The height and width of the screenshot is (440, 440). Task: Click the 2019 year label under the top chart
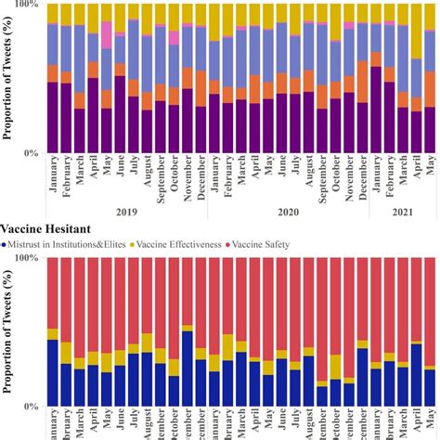click(x=126, y=212)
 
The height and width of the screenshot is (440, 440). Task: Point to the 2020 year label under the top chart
click(x=288, y=212)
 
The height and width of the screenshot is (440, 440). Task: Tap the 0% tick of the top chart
click(x=30, y=152)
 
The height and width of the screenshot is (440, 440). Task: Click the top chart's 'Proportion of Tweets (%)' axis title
click(x=8, y=79)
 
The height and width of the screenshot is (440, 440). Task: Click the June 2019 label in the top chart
click(x=121, y=173)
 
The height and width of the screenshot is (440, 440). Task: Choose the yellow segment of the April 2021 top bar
click(x=417, y=28)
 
